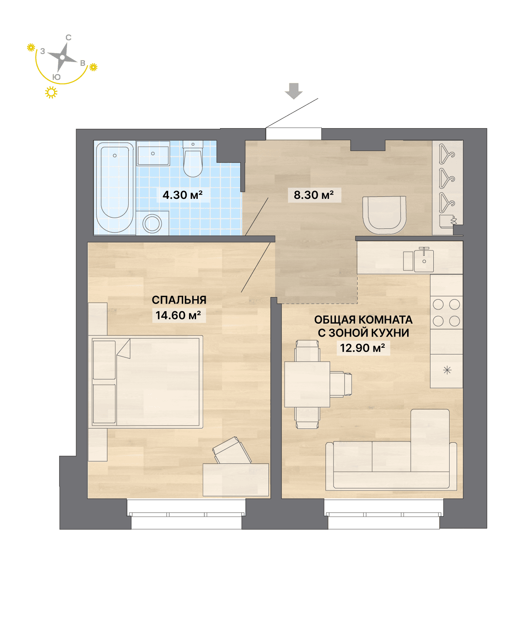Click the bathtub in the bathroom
[x=115, y=187]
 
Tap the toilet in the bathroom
[x=193, y=159]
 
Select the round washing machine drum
[x=152, y=223]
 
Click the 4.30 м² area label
[x=182, y=195]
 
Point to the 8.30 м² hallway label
[x=313, y=195]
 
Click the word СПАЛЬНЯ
[x=179, y=300]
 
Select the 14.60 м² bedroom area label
[x=178, y=315]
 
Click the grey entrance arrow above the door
[x=293, y=91]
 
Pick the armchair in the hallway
[x=384, y=215]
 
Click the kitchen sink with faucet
[x=424, y=260]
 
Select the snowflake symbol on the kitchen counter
[x=447, y=370]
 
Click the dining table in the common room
[x=307, y=384]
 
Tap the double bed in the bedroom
[x=145, y=381]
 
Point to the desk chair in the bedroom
[x=232, y=450]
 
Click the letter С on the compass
[x=69, y=37]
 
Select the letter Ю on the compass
[x=56, y=77]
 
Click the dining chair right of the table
[x=341, y=384]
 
